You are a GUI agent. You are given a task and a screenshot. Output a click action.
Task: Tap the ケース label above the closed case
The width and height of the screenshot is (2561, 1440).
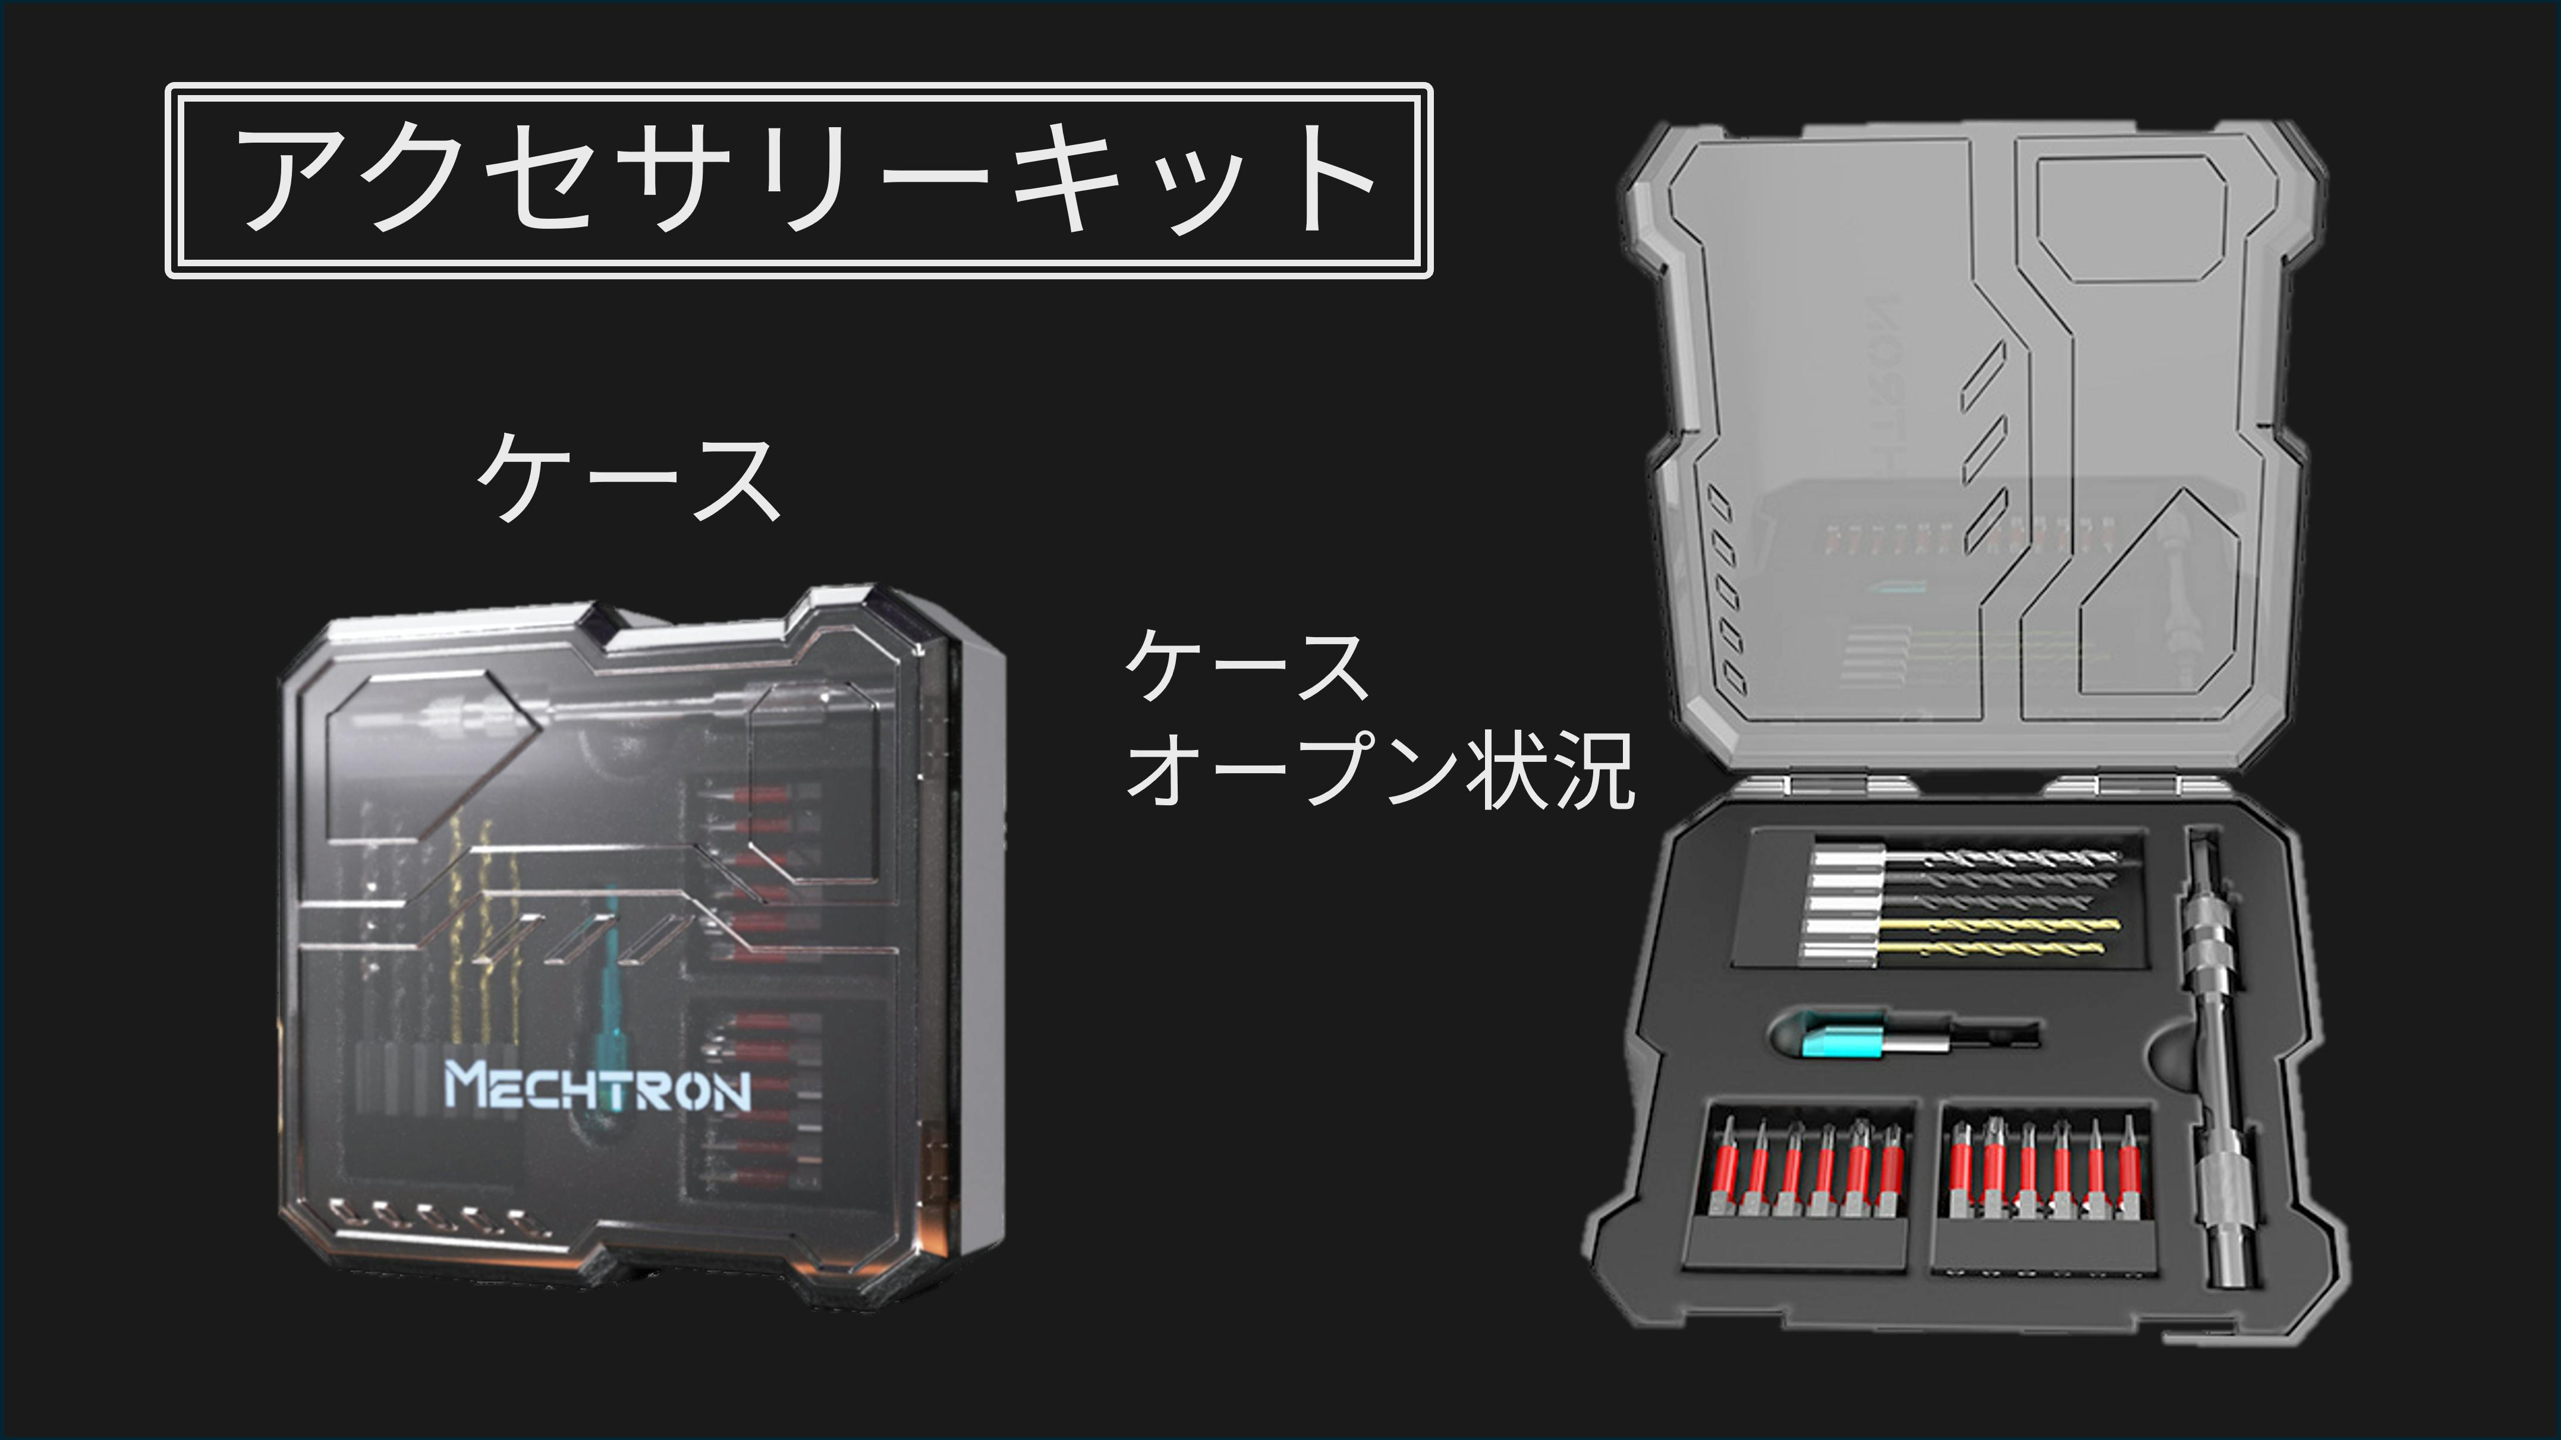coord(628,480)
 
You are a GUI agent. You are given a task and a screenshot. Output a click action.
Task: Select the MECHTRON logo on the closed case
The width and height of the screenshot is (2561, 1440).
coord(596,1086)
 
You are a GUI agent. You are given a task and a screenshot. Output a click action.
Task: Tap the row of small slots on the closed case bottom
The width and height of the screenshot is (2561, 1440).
coord(429,1217)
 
